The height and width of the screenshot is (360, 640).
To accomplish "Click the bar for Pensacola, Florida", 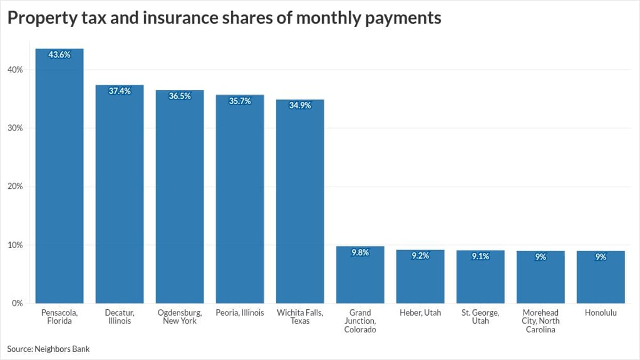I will (x=59, y=176).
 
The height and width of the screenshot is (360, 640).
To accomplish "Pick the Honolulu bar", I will (x=601, y=277).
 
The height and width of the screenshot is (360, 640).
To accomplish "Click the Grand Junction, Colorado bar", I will (x=360, y=275).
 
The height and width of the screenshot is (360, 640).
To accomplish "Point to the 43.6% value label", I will (x=59, y=54).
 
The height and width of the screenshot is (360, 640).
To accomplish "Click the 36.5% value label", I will (x=180, y=97).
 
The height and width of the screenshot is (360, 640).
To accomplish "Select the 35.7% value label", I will (x=240, y=101).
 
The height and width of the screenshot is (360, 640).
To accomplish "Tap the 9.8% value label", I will (x=360, y=253).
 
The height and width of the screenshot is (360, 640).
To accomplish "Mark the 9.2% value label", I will (x=420, y=256).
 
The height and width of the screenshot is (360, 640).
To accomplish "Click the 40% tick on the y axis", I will (x=15, y=70).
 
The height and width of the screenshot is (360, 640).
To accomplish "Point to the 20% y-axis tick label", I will (x=15, y=187).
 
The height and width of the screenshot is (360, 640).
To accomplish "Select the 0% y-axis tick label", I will (x=18, y=303).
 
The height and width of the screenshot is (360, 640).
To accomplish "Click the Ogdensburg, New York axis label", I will (x=180, y=317).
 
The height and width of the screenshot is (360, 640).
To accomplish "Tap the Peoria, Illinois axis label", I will (x=240, y=313).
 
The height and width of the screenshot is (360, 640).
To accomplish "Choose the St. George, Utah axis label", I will (x=481, y=317).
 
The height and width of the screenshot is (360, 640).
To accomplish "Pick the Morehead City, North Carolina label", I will (x=540, y=321).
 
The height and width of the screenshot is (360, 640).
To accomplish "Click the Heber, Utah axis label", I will (x=420, y=313).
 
